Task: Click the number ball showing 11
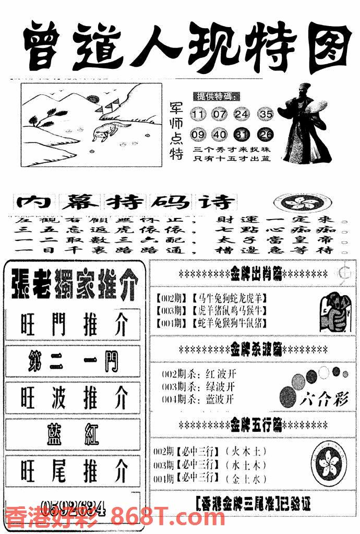click(199, 114)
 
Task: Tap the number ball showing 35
click(266, 114)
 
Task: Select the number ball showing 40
click(220, 135)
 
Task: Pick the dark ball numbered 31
click(243, 135)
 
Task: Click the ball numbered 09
click(198, 135)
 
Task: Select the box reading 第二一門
click(73, 361)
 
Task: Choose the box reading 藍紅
click(73, 434)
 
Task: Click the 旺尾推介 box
click(73, 471)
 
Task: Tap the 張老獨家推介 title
click(73, 286)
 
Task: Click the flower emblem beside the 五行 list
click(328, 460)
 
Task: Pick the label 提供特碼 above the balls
click(217, 97)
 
